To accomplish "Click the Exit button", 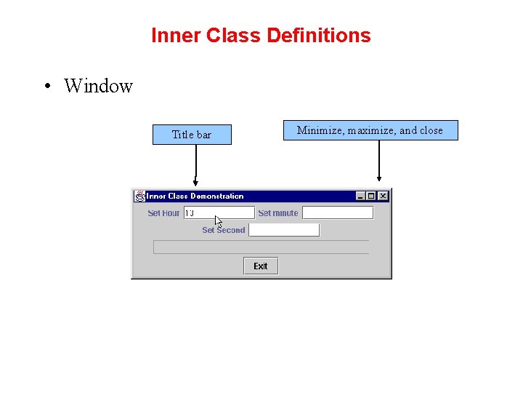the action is point(261,266).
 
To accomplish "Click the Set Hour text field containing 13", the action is point(218,213).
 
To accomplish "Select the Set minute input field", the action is point(338,213).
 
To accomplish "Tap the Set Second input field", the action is point(284,230).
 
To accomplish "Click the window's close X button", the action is point(384,196).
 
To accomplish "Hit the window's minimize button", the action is point(360,196).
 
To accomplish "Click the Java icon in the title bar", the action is point(139,196).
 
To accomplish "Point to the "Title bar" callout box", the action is point(192,135).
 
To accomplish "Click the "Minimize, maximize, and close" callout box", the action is point(370,130).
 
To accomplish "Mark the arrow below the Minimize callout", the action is point(378,160).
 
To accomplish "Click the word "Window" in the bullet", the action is point(98,86).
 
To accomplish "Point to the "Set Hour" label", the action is point(163,213).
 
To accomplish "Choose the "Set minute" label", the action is point(278,213).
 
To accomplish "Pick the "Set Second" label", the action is point(224,230).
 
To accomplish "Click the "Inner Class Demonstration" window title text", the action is point(195,196).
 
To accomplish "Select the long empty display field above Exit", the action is point(261,247).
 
